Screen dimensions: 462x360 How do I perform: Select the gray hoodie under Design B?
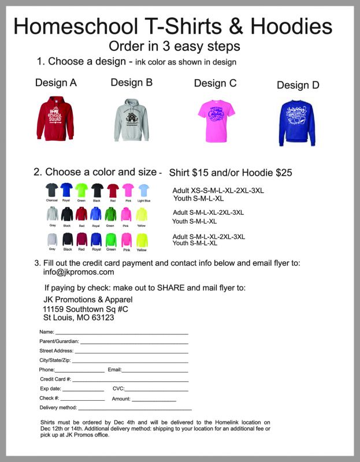(132, 120)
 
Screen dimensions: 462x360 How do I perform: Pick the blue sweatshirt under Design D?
(297, 122)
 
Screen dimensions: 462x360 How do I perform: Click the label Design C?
(215, 83)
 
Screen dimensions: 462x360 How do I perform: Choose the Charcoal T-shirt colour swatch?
(52, 191)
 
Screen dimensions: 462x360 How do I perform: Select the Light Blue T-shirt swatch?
(143, 191)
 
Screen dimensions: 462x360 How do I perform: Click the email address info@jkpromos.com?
(79, 272)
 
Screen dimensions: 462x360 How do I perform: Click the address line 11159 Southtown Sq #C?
(86, 309)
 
